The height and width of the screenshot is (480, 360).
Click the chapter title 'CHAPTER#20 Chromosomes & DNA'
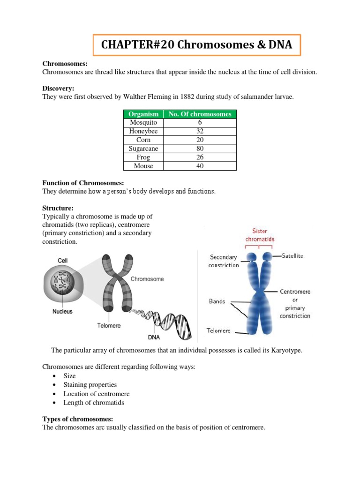tap(196, 45)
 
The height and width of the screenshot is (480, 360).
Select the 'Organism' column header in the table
tap(143, 114)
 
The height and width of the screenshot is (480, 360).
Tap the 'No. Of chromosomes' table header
tap(200, 114)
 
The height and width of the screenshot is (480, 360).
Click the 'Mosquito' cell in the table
tap(143, 122)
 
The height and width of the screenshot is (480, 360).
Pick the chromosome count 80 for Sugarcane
tap(200, 149)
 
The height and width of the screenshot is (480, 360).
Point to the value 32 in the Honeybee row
tap(200, 131)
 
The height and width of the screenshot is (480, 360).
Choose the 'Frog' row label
tap(143, 157)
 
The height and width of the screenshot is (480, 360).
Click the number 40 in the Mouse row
tap(200, 166)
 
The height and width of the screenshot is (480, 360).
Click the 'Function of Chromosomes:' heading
tap(83, 183)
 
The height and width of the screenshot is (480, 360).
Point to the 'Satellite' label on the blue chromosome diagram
tap(294, 256)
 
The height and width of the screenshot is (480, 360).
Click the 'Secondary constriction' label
tap(224, 261)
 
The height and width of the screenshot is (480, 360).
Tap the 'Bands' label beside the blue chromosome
tap(217, 301)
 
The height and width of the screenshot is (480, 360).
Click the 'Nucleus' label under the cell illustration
tap(62, 311)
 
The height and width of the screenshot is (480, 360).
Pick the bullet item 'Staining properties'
tap(90, 385)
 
